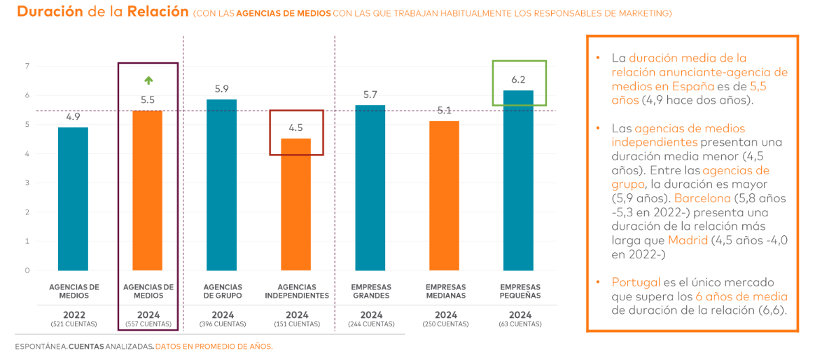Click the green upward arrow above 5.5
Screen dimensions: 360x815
click(x=148, y=80)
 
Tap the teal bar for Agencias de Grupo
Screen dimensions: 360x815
click(x=222, y=185)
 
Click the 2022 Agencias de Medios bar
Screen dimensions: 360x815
click(x=73, y=199)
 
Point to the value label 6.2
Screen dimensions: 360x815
click(x=518, y=79)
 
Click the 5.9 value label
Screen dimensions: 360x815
click(x=222, y=89)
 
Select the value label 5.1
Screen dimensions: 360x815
click(x=445, y=110)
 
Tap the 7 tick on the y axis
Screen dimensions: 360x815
click(x=27, y=67)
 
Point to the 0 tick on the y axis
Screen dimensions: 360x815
click(x=27, y=270)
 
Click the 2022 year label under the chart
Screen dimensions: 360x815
click(x=74, y=314)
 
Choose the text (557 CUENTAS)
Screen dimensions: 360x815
click(x=148, y=324)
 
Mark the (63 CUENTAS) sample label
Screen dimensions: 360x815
click(x=520, y=324)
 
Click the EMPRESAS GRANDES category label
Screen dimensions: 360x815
click(x=371, y=291)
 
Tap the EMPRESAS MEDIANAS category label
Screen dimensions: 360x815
click(x=445, y=291)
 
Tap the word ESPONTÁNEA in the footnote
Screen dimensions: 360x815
click(x=40, y=347)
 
